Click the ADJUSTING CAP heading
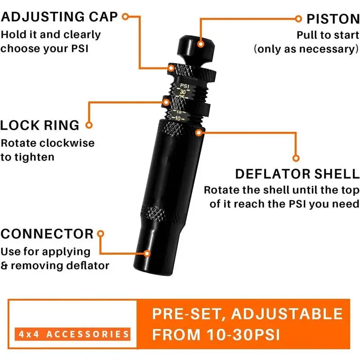(59, 17)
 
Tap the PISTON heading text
(333, 19)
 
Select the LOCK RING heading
(40, 125)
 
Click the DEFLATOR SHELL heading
(297, 174)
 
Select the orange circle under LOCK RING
(89, 126)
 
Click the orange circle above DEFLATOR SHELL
(296, 158)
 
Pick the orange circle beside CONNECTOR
(101, 234)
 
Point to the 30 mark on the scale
(182, 91)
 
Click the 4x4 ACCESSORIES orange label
(72, 334)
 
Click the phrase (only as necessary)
(306, 49)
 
